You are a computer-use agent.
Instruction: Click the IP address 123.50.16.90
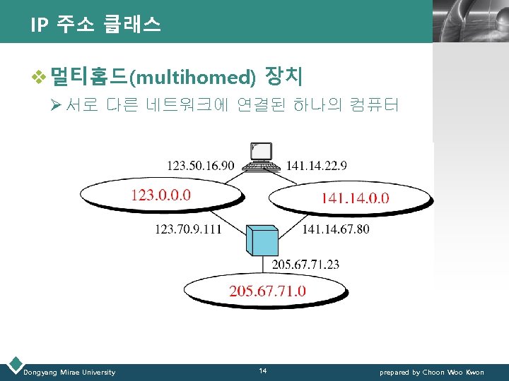(x=200, y=166)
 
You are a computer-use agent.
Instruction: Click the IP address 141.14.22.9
(x=316, y=166)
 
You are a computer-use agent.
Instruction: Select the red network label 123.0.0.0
(x=160, y=194)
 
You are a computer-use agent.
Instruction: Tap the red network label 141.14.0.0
(x=355, y=198)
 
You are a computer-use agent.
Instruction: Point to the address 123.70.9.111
(x=187, y=229)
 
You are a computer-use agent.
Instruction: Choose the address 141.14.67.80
(x=335, y=229)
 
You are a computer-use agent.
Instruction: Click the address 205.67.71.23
(x=305, y=265)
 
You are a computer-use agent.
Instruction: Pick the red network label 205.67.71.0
(x=267, y=291)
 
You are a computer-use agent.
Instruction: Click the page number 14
(x=262, y=371)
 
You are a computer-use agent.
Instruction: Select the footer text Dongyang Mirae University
(x=69, y=372)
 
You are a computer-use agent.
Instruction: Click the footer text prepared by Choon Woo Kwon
(x=431, y=372)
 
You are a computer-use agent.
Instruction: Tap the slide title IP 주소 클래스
(x=95, y=26)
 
